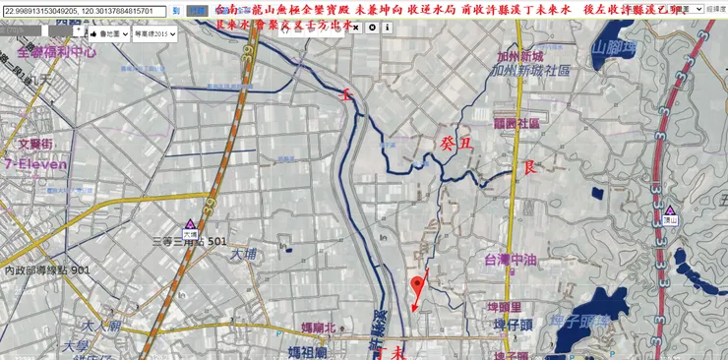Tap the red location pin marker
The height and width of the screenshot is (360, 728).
(418, 287)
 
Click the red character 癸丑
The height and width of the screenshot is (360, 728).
(455, 145)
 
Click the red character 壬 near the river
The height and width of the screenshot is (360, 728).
(345, 95)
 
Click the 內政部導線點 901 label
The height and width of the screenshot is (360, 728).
(46, 270)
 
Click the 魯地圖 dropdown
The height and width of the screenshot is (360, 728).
(105, 33)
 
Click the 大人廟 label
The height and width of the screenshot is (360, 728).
(101, 326)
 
